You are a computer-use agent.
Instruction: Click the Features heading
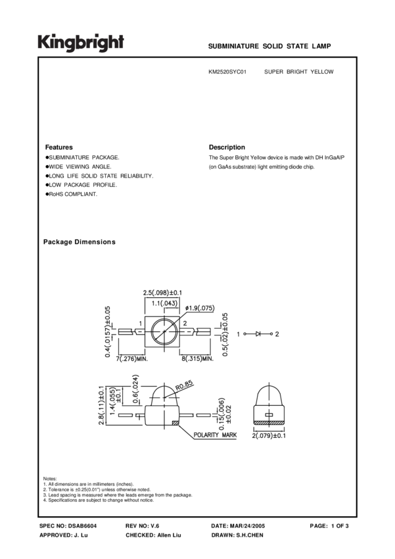click(x=58, y=147)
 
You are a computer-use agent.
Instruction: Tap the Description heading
click(x=227, y=147)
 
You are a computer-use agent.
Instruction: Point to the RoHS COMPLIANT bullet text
click(x=73, y=195)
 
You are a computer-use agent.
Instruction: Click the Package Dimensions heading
click(x=79, y=242)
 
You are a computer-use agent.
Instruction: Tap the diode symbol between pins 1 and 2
click(x=258, y=334)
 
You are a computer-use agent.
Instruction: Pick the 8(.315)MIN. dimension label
click(x=196, y=358)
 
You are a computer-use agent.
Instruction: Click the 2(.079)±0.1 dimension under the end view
click(x=271, y=435)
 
